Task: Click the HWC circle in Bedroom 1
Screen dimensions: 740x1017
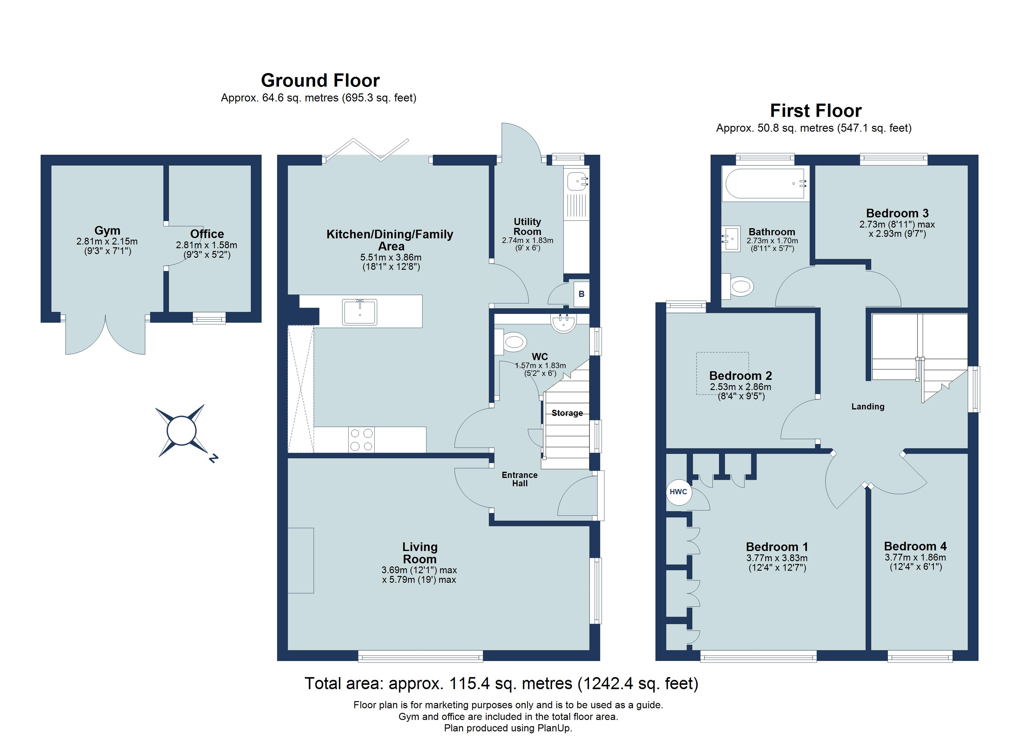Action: (678, 492)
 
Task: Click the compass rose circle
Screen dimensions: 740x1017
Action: (181, 430)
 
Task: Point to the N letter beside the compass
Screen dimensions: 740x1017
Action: (214, 458)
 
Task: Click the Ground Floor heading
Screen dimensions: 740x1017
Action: (320, 81)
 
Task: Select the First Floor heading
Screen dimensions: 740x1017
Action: (815, 111)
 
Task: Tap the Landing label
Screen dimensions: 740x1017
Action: (868, 407)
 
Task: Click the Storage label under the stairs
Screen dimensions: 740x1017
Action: (567, 413)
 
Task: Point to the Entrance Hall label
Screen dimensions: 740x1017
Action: (519, 479)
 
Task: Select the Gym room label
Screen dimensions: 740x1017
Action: (107, 230)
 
